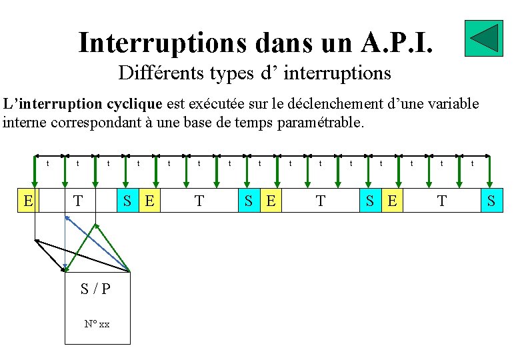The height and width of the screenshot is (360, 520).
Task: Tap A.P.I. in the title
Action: pyautogui.click(x=398, y=43)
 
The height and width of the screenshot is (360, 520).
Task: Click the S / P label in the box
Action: pyautogui.click(x=95, y=289)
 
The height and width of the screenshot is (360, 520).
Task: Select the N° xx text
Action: pyautogui.click(x=97, y=324)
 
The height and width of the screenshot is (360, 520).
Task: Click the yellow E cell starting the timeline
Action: pyautogui.click(x=27, y=199)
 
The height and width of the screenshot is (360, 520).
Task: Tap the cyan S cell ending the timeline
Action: pyautogui.click(x=491, y=199)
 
